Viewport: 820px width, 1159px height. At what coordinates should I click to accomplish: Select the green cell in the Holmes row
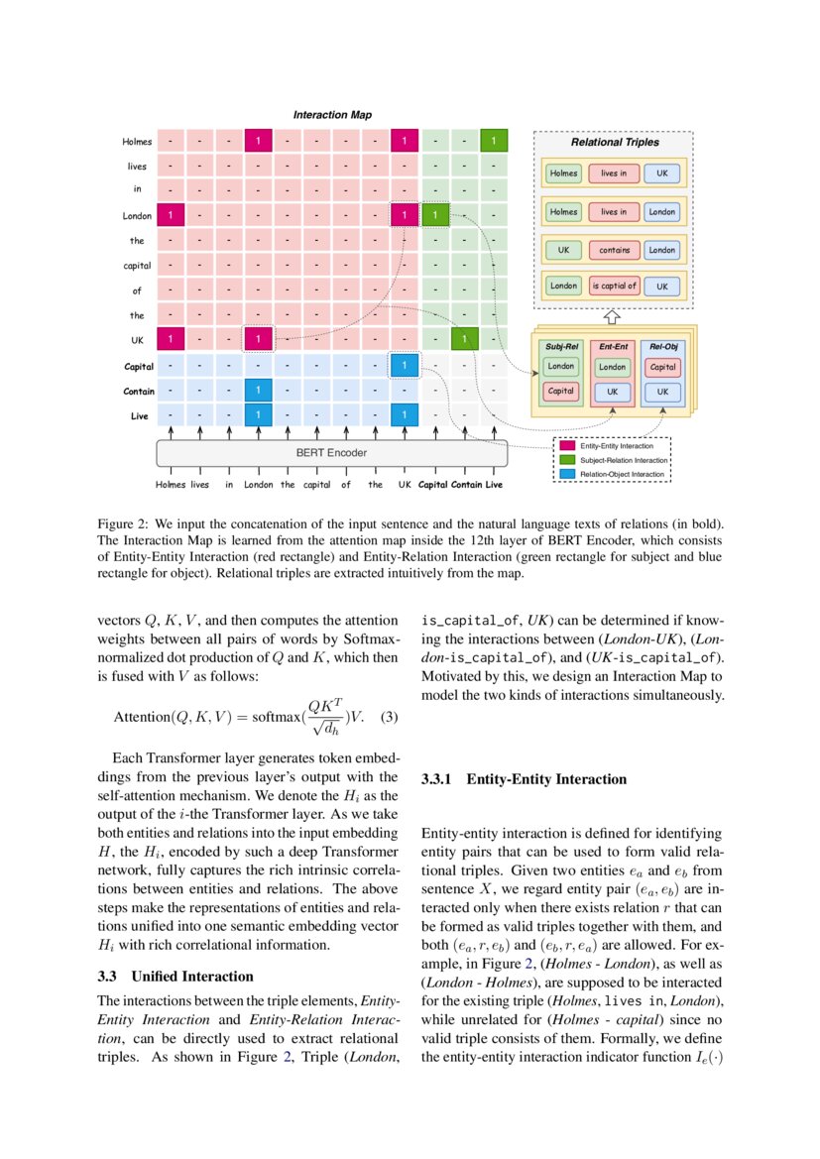click(494, 142)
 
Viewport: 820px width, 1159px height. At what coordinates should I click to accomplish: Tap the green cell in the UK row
click(460, 340)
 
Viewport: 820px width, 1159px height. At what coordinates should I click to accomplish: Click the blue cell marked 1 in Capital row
click(405, 366)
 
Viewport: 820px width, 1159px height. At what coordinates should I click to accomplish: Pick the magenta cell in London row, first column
click(171, 214)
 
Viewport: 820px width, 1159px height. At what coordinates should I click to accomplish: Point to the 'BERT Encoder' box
click(331, 453)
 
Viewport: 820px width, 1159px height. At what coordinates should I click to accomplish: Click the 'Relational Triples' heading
click(614, 143)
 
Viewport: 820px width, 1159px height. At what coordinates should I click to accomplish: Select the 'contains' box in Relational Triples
click(614, 251)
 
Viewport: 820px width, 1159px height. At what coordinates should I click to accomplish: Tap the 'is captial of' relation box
click(614, 287)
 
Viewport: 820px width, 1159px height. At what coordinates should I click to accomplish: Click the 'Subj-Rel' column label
click(561, 346)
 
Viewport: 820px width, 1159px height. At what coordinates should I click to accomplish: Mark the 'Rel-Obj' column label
click(662, 346)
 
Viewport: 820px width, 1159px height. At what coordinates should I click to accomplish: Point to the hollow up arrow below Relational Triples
click(612, 318)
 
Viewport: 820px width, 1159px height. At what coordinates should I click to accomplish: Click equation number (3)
click(389, 716)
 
